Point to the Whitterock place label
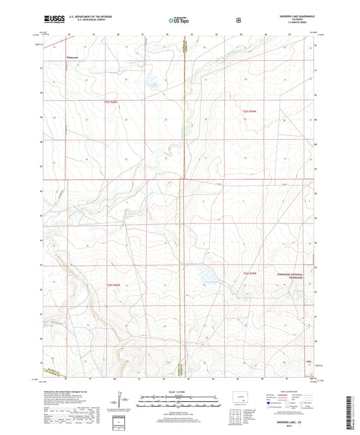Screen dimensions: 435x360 click(73, 56)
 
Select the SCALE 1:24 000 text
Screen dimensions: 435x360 click(179, 392)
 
